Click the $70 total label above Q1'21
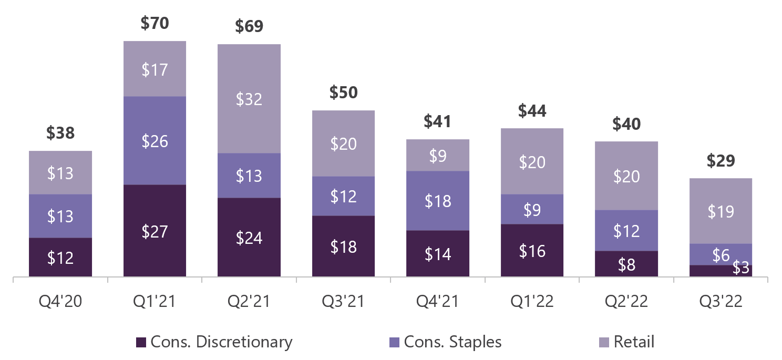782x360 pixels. pos(155,23)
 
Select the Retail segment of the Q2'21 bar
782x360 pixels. pos(249,98)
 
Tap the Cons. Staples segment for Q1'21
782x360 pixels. pos(155,141)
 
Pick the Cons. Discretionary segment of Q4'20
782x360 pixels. pos(60,258)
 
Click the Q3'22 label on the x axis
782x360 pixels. pos(721,301)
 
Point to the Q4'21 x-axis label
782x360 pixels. pos(437,301)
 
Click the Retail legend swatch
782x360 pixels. pos(604,342)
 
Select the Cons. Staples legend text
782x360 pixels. pos(453,342)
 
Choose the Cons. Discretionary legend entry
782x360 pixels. pos(214,342)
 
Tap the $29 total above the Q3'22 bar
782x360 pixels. pos(721,161)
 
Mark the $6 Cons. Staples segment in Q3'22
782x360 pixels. pos(721,254)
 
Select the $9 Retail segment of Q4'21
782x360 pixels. pos(437,156)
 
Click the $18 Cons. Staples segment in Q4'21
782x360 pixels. pos(437,201)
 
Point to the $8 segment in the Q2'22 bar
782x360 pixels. pos(626,264)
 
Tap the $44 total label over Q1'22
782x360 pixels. pos(532,111)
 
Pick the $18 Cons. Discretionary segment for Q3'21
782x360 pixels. pos(343,246)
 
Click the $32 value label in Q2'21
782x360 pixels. pos(249,99)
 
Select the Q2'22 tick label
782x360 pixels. pos(626,301)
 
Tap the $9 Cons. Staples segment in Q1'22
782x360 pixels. pos(532,210)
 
